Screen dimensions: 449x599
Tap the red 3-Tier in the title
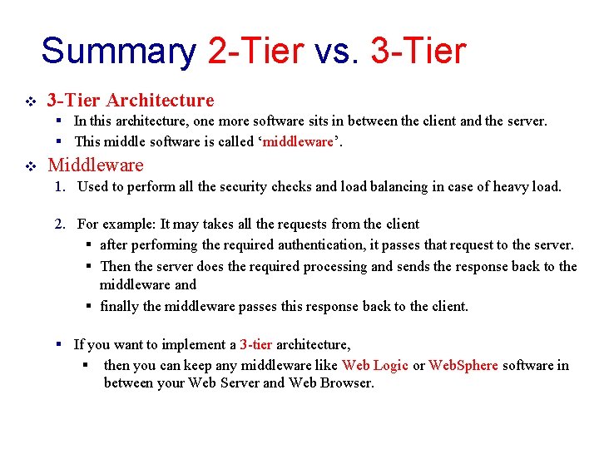418,51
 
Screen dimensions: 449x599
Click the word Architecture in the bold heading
160,101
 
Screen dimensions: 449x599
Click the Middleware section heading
96,165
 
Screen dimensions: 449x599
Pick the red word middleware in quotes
298,141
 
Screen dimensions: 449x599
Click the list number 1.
60,186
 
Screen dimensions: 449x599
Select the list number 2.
60,224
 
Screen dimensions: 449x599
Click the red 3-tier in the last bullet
255,344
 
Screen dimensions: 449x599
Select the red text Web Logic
374,365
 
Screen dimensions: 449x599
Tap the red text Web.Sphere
463,365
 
